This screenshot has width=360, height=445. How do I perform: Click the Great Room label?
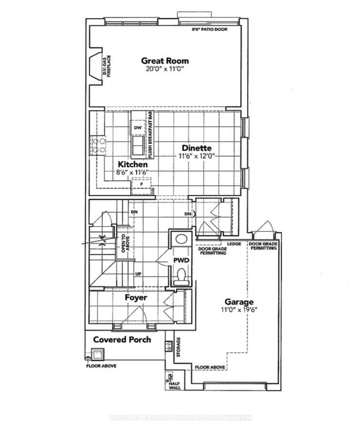(x=165, y=61)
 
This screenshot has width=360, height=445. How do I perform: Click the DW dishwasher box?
(x=137, y=128)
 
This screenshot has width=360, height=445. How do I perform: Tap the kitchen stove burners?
(x=97, y=145)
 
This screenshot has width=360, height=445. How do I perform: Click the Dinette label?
(x=196, y=148)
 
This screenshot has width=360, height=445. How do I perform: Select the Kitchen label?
(x=132, y=165)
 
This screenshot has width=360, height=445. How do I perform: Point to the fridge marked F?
(x=141, y=185)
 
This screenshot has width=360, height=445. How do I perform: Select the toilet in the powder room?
(x=181, y=277)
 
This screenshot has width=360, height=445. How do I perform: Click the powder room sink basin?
(x=181, y=239)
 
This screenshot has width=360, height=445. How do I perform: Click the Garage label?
(x=238, y=301)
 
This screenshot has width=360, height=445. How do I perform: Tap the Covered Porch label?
(x=122, y=339)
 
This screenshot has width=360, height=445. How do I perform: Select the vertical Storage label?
(x=178, y=347)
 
